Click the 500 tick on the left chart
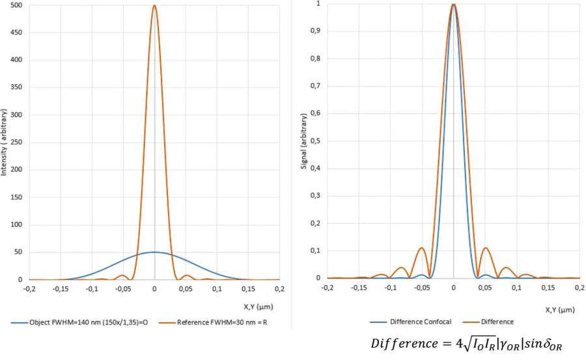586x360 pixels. pyautogui.click(x=17, y=6)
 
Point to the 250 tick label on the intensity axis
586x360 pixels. pyautogui.click(x=17, y=143)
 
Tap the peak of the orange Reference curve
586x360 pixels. pyautogui.click(x=154, y=7)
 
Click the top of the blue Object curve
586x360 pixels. pyautogui.click(x=154, y=252)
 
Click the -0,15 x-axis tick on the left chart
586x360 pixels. pyautogui.click(x=60, y=288)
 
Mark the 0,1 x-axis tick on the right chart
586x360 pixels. pyautogui.click(x=516, y=286)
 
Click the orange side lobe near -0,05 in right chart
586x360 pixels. pyautogui.click(x=422, y=248)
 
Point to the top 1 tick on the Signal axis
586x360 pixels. pyautogui.click(x=318, y=4)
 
